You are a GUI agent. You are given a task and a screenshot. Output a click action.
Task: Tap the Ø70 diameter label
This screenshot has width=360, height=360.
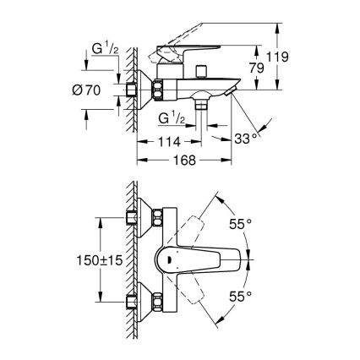(101, 89)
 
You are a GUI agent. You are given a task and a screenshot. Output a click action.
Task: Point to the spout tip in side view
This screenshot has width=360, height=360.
(228, 87)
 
